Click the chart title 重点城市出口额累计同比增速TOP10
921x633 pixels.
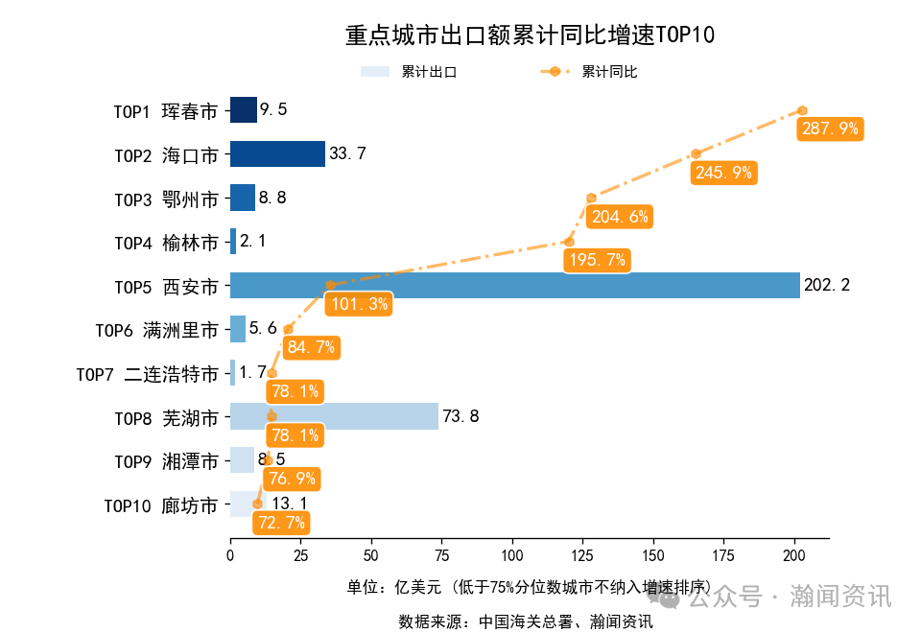(x=530, y=35)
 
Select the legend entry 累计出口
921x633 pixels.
(x=409, y=72)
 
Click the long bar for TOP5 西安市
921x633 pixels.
(x=514, y=285)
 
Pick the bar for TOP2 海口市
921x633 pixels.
(x=277, y=153)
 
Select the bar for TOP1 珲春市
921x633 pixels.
(x=243, y=109)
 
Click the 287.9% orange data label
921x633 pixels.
(x=830, y=129)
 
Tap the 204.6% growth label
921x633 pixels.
(x=620, y=216)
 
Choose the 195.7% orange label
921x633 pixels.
(x=595, y=260)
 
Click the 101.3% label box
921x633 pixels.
(x=358, y=304)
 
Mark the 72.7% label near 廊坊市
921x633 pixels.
(x=281, y=523)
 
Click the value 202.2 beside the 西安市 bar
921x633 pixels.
(x=826, y=285)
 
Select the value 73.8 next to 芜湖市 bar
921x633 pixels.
(x=460, y=416)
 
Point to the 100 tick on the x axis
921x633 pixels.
(x=512, y=554)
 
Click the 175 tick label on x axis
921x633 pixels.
(x=723, y=554)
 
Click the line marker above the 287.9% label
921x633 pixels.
(x=802, y=110)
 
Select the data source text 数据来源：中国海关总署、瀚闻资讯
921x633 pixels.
(x=525, y=621)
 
